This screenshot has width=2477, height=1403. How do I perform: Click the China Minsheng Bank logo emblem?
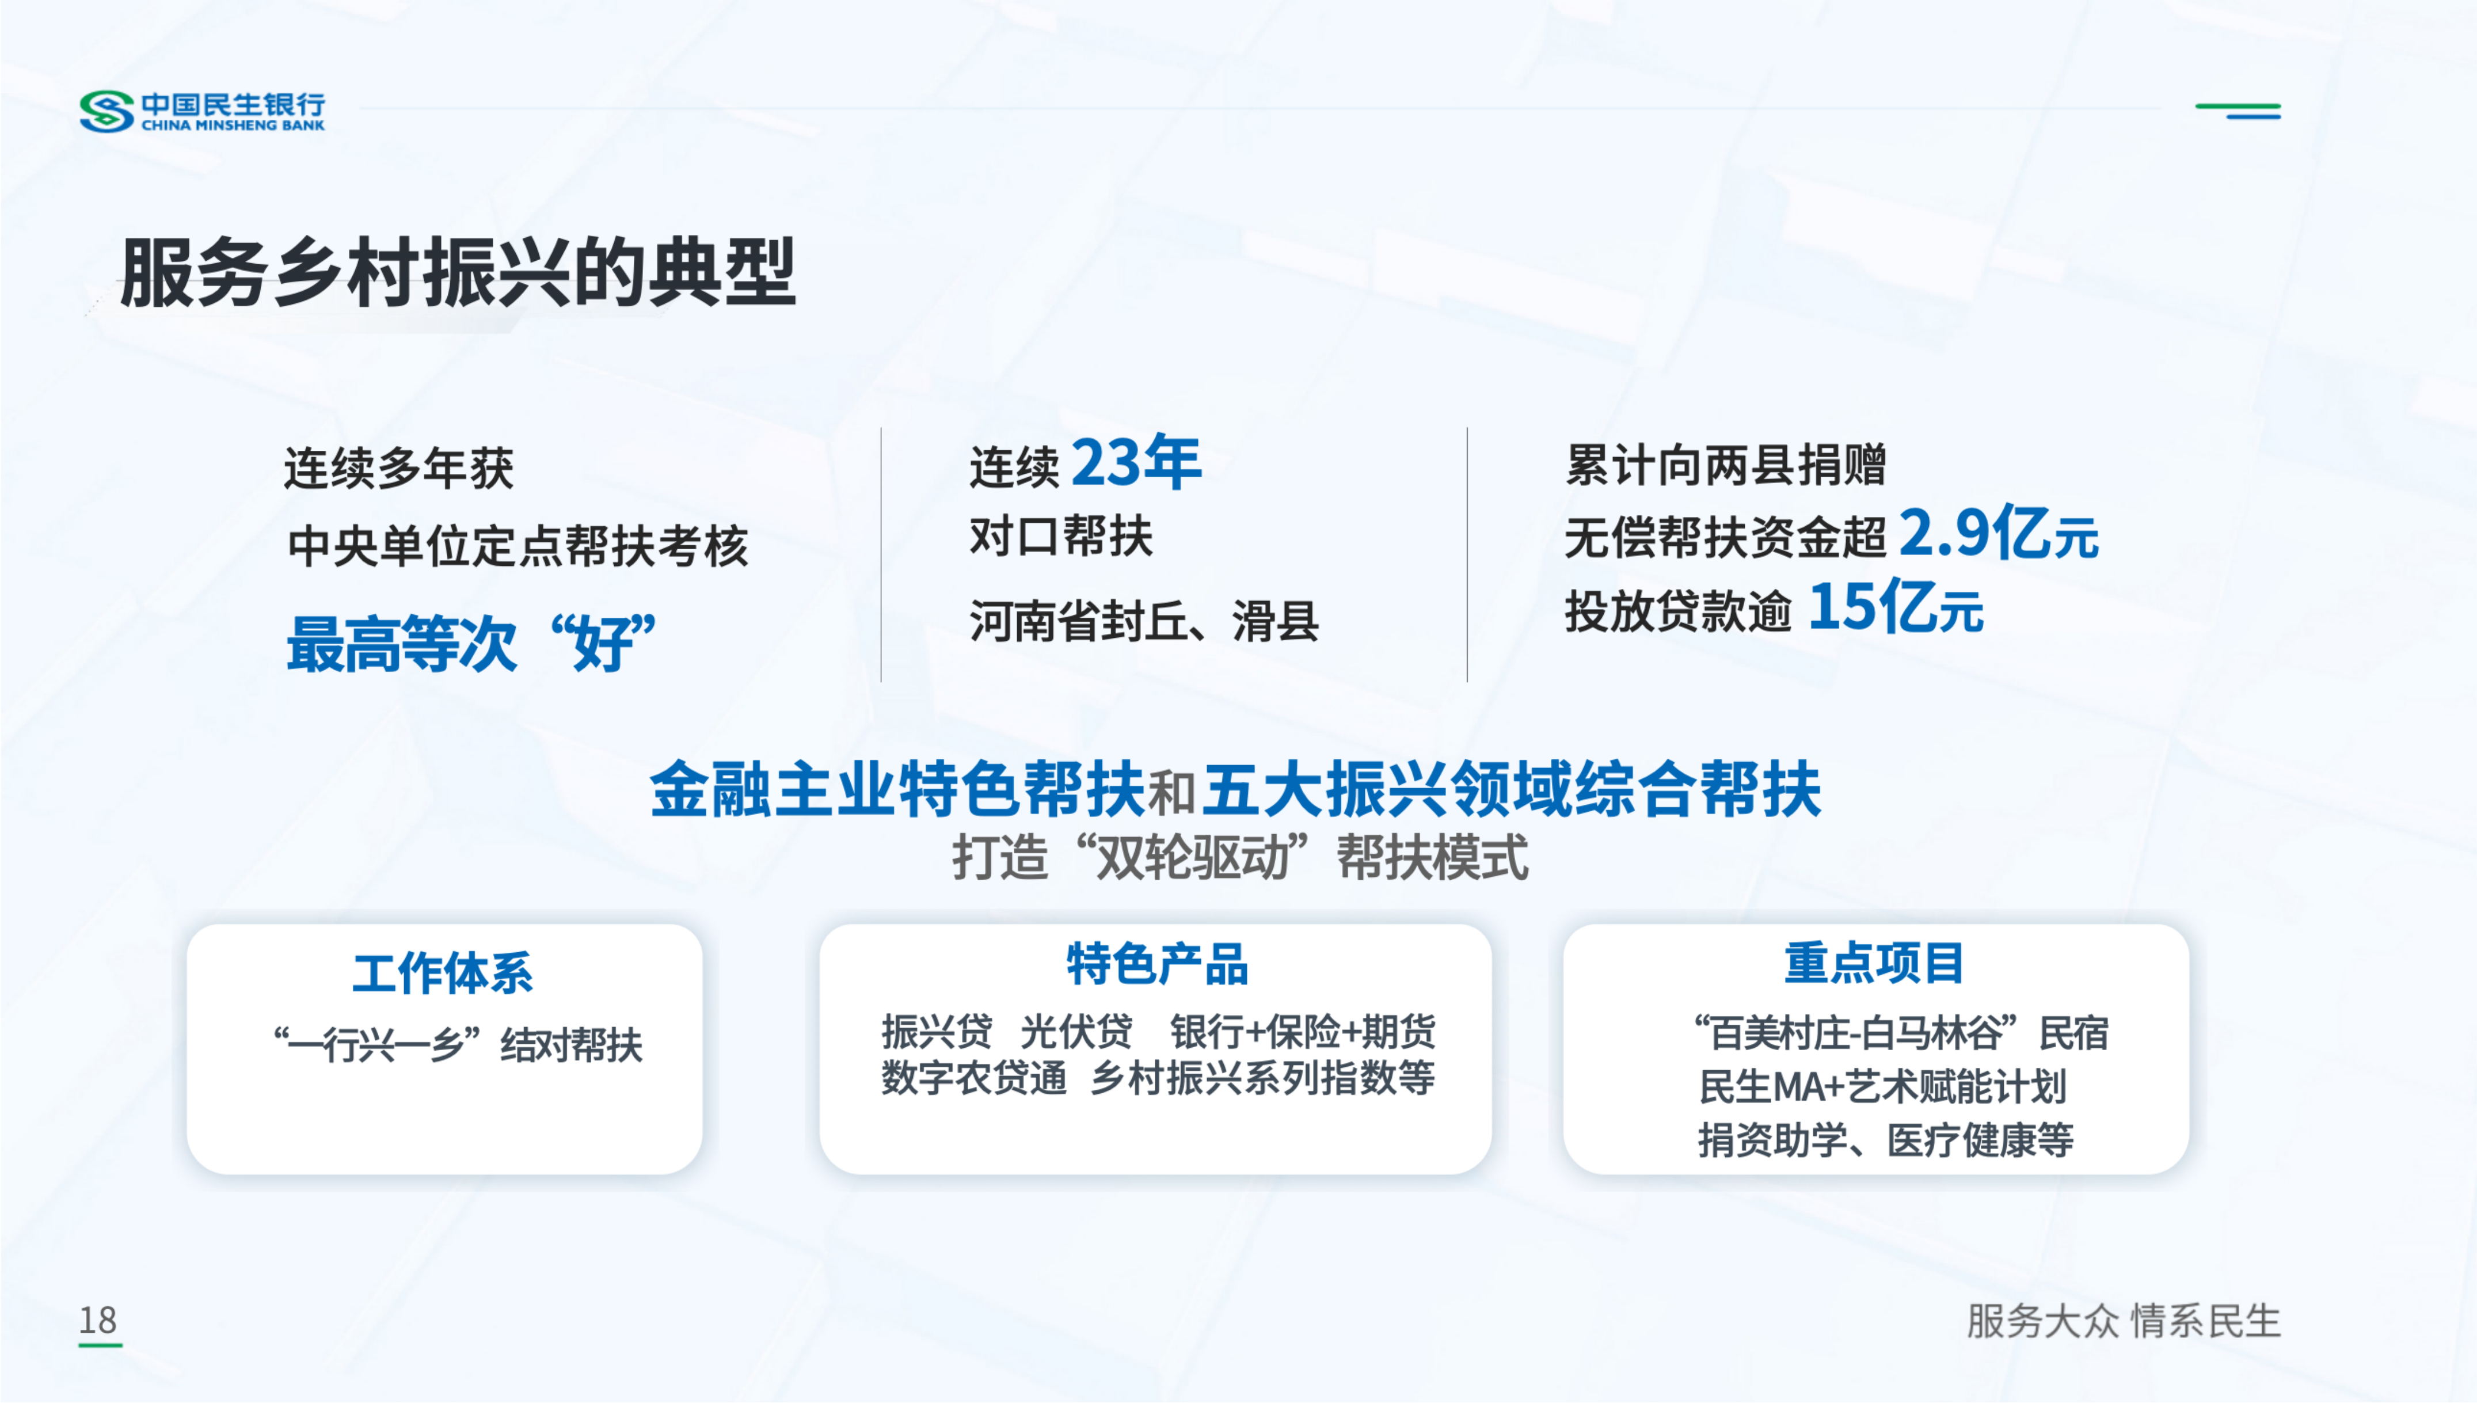106,111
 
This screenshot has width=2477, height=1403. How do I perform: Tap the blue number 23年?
1137,462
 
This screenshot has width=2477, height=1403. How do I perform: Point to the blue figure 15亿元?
1896,607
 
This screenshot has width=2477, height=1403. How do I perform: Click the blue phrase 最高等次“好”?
472,642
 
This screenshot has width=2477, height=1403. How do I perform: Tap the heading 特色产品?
1157,964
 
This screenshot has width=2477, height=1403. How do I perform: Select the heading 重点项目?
1874,964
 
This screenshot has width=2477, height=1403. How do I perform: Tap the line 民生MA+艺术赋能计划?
1882,1087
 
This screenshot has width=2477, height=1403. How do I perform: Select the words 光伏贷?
1076,1032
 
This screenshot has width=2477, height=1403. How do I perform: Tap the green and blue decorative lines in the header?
2238,111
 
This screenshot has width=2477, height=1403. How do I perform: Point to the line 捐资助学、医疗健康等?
1885,1140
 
